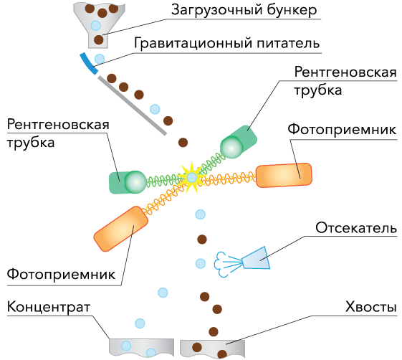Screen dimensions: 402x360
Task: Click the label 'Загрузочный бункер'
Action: pos(244,10)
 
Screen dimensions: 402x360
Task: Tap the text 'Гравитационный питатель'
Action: pos(226,43)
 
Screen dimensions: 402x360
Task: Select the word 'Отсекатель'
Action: pos(356,227)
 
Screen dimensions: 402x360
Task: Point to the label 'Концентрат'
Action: pos(49,307)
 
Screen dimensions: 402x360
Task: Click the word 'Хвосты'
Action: pos(371,307)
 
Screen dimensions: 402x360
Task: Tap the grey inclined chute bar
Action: pos(133,105)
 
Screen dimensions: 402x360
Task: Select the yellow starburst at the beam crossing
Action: pos(191,177)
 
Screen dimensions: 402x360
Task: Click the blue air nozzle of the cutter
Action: pos(256,258)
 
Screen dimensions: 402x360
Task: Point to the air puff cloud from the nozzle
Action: pos(221,265)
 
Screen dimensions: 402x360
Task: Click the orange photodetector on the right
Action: pos(284,175)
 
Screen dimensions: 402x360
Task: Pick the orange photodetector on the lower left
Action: pos(121,228)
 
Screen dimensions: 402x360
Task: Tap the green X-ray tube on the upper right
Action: pos(239,142)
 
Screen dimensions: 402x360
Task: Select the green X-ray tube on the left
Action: pos(128,182)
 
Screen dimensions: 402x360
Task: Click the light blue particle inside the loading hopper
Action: pos(95,25)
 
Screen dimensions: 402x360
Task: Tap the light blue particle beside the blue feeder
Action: pos(100,59)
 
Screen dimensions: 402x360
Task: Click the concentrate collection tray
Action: pos(141,347)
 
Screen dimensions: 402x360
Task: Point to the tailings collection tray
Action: pos(212,349)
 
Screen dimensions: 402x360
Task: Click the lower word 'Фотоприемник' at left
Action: pos(61,274)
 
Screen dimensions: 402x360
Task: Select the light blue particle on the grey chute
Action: pos(155,109)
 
